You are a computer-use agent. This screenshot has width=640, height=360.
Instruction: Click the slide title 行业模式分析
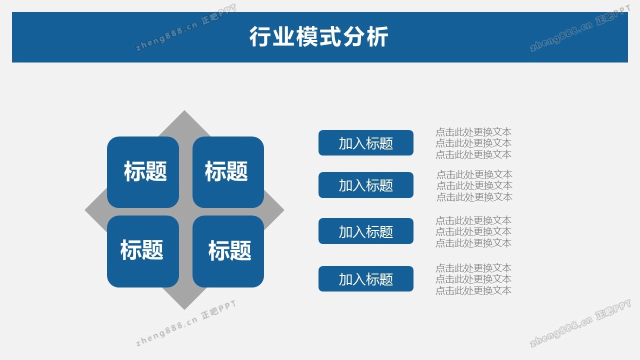tap(318, 36)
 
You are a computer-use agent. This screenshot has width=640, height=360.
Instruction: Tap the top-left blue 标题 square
tap(143, 172)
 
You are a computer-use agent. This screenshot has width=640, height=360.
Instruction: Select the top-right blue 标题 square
tap(228, 172)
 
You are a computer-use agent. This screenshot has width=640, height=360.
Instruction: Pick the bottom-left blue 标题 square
tap(143, 251)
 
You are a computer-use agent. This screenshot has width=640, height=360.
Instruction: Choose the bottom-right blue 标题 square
tap(228, 251)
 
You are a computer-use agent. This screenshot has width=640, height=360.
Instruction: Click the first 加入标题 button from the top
tap(365, 143)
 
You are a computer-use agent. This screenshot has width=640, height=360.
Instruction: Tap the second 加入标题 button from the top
tap(365, 185)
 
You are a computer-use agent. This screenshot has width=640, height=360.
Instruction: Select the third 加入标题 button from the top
tap(365, 231)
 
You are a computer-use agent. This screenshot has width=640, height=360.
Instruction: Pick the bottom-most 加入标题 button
tap(365, 279)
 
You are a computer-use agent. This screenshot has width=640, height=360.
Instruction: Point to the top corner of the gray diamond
tap(184, 110)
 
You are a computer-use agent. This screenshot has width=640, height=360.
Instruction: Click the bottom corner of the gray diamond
tap(184, 309)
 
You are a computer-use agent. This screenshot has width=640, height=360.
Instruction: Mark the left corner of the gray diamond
tap(85, 210)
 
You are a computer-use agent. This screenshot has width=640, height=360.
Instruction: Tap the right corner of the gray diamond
tap(283, 210)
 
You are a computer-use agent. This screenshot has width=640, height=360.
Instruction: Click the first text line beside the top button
tap(473, 132)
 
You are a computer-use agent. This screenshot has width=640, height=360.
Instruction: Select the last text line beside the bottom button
tap(473, 290)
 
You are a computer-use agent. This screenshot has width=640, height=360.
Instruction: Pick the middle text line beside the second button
tap(474, 185)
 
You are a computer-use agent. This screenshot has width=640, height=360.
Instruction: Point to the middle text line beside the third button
tap(473, 231)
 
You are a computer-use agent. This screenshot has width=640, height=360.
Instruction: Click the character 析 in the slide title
tap(377, 36)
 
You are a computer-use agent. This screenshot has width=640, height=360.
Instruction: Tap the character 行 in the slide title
tap(260, 36)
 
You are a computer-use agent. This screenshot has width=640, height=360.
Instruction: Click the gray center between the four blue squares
tap(185, 211)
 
